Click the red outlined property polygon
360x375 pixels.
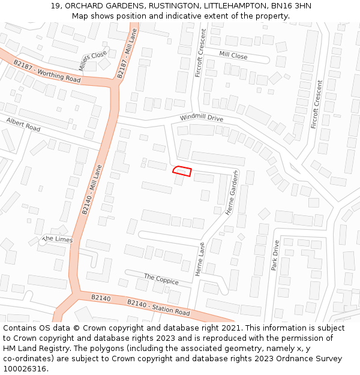click(x=182, y=172)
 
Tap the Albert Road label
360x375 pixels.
click(x=23, y=125)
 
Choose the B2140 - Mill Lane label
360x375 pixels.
click(x=92, y=190)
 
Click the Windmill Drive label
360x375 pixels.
click(x=201, y=118)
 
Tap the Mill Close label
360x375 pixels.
click(x=233, y=55)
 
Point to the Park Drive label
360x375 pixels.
click(x=275, y=256)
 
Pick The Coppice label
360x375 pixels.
click(x=161, y=280)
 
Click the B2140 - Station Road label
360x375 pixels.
click(x=158, y=308)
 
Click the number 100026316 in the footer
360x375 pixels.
click(x=25, y=369)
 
